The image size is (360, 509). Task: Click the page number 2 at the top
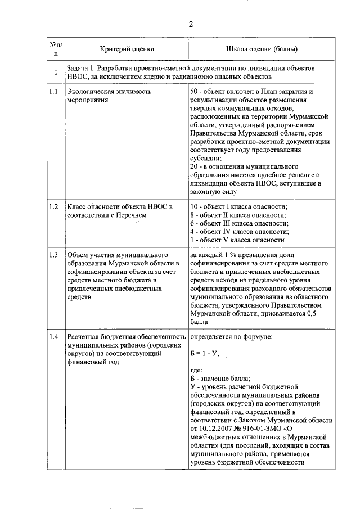click(191, 24)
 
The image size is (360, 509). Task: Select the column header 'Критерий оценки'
click(127, 49)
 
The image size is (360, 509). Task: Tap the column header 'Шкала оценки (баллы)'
click(262, 49)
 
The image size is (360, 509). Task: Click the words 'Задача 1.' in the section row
click(82, 68)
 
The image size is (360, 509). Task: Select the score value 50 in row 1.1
click(195, 92)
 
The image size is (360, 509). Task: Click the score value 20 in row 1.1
click(195, 166)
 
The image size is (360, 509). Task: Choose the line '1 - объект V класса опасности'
click(237, 240)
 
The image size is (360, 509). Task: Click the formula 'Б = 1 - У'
click(204, 353)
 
